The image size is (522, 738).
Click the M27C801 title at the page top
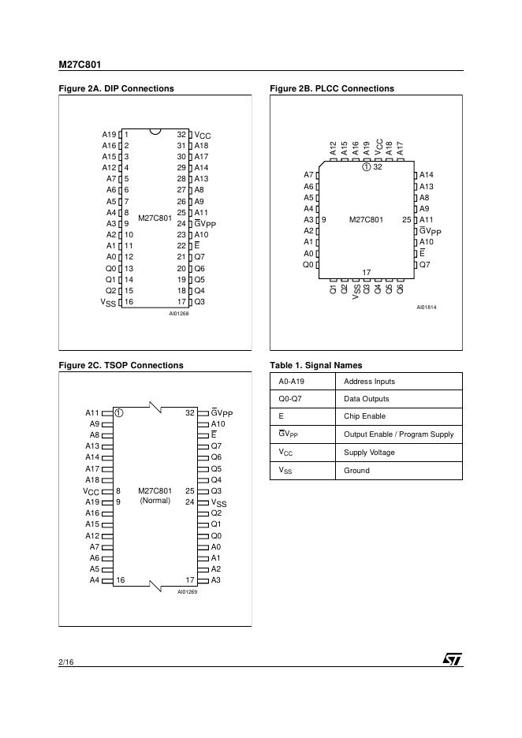(80, 64)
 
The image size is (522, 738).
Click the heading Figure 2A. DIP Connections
(116, 88)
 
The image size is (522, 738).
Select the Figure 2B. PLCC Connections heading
(331, 88)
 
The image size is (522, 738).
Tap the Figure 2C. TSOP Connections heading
(121, 365)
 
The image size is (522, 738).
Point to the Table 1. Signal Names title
(315, 365)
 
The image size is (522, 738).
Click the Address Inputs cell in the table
(369, 382)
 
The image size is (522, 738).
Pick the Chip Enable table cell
(365, 416)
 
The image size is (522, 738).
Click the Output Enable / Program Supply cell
(398, 434)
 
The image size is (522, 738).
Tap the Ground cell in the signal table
(356, 471)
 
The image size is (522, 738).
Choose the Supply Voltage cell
(369, 453)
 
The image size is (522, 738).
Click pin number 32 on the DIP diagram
(181, 135)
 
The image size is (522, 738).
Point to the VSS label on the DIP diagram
(107, 302)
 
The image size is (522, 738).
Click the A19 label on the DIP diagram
(109, 135)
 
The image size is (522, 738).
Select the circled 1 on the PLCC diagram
(366, 166)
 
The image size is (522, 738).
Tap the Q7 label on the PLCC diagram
(424, 265)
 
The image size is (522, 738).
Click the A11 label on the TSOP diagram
(92, 412)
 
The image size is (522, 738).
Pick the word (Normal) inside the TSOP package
(155, 501)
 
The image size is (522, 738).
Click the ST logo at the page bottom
(453, 658)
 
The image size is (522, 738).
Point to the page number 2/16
(66, 661)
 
